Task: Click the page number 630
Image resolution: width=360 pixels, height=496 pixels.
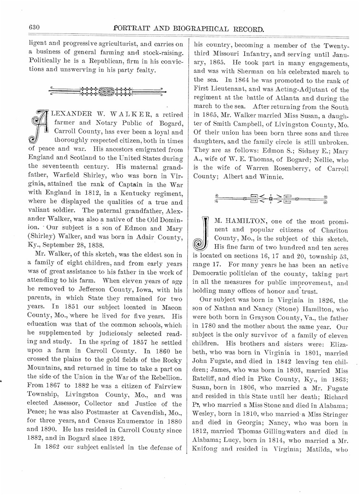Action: pos(34,28)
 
